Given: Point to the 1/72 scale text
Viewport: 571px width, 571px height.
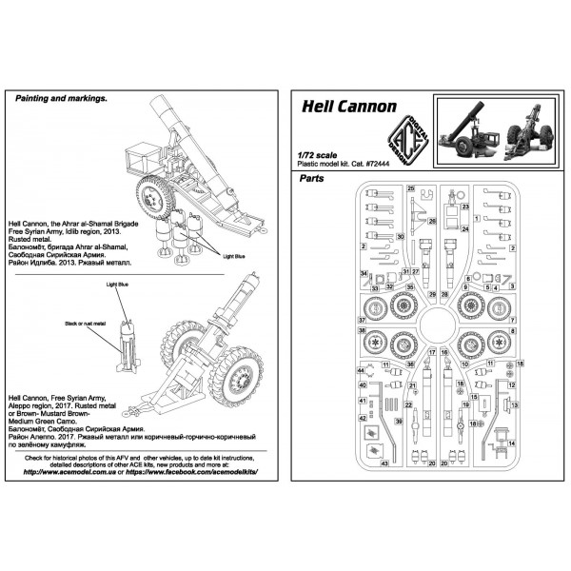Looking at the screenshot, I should [319, 152].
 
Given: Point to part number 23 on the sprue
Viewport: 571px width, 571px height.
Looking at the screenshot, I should [465, 206].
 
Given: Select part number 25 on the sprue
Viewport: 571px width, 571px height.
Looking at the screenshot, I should [411, 189].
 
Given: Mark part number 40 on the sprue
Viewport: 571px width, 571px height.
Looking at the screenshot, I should [363, 387].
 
